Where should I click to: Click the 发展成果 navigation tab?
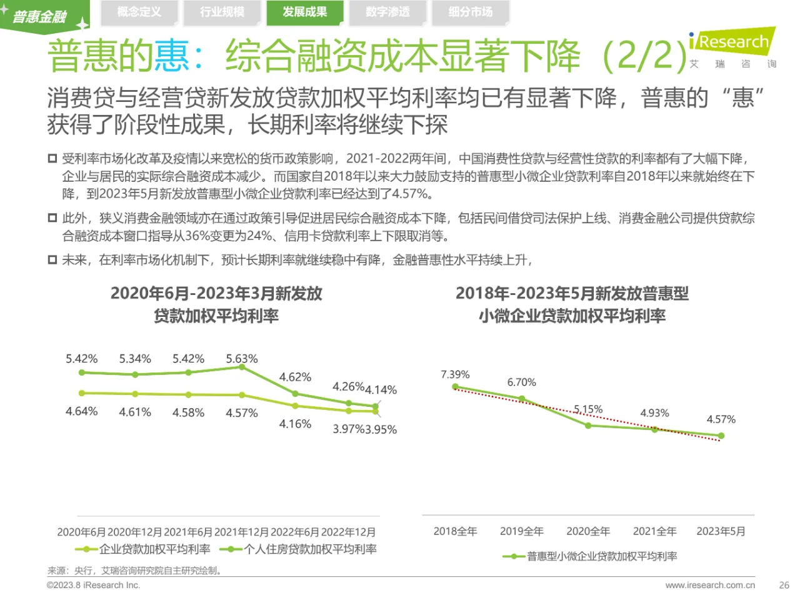[304, 12]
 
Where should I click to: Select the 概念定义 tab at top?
[139, 12]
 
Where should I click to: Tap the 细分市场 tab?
[470, 12]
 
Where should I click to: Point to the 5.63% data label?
[241, 359]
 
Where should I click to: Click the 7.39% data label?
[455, 374]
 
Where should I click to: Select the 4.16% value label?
[295, 424]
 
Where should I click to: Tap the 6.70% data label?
[521, 382]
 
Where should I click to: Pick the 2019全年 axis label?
[521, 531]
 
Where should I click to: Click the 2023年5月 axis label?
[721, 531]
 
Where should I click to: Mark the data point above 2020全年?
[588, 426]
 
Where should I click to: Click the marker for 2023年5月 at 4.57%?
[721, 436]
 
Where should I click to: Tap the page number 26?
[784, 586]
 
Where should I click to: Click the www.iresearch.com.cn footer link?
[710, 586]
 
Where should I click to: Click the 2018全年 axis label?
[455, 531]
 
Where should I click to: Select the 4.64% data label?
[81, 411]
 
